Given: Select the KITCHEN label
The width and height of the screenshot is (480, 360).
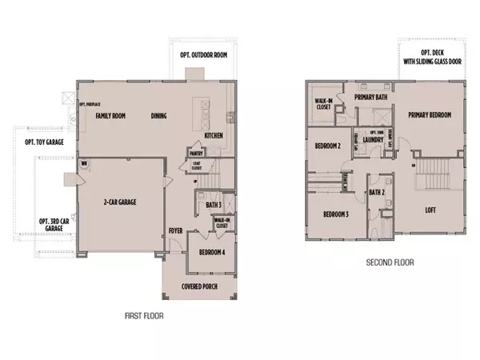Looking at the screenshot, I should click(x=214, y=136).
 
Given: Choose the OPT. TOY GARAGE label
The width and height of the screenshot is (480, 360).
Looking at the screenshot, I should click(x=44, y=142).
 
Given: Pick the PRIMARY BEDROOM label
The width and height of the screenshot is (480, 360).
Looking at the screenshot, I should click(x=430, y=115).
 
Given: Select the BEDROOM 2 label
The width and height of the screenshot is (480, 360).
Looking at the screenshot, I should click(x=328, y=146).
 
